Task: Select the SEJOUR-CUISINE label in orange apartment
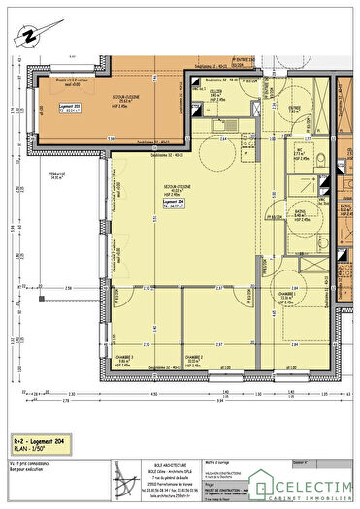coord(128,100)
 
